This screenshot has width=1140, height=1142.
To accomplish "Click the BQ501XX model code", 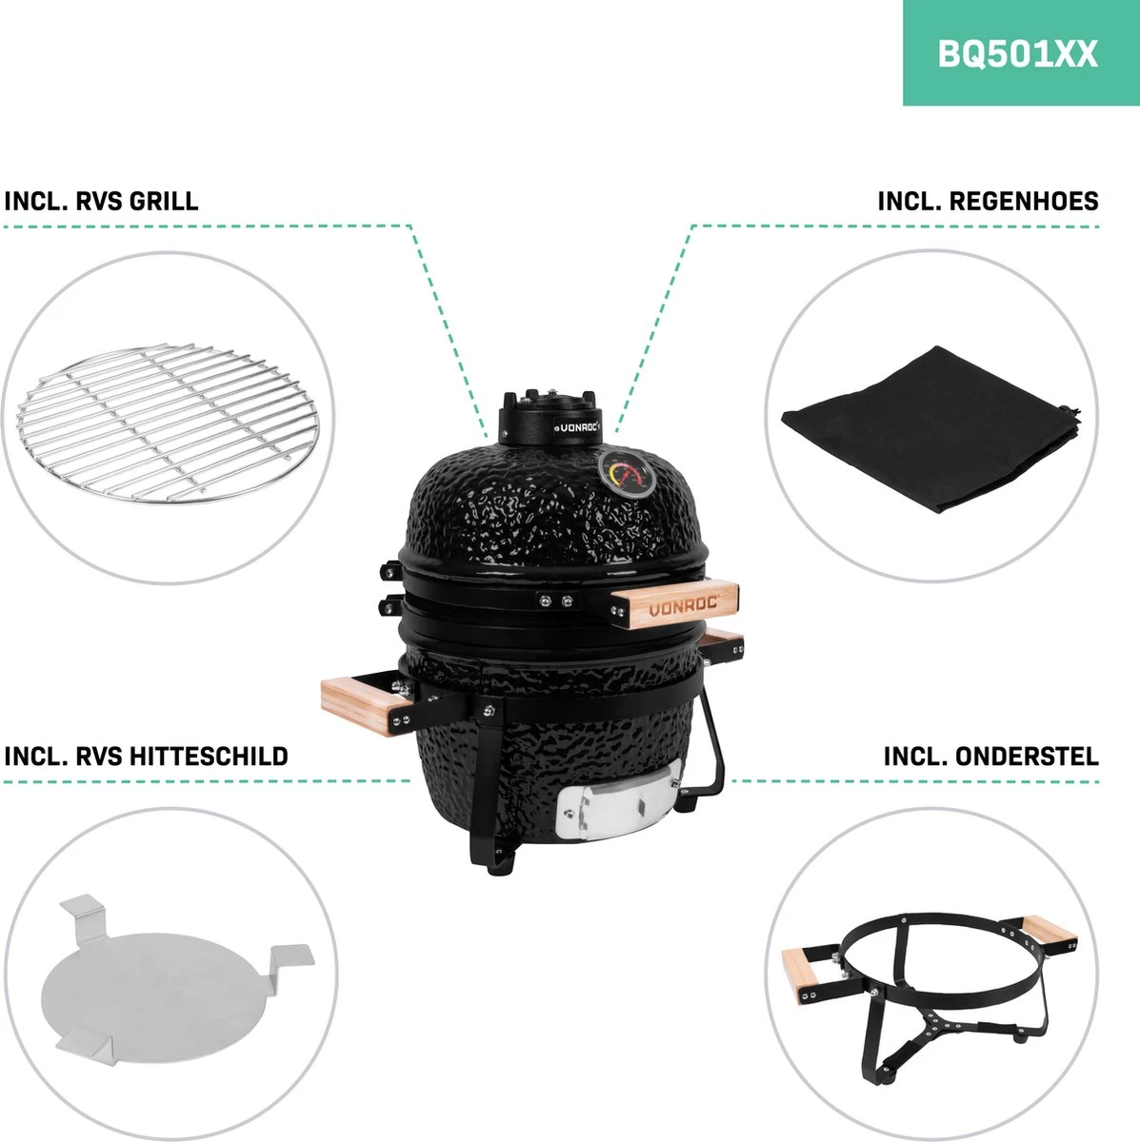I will pos(1017,53).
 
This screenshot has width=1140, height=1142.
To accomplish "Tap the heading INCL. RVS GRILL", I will pos(101,202).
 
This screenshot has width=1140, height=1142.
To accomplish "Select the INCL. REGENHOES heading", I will pos(988,202).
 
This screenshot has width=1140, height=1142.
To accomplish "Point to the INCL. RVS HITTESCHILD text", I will pos(146,757).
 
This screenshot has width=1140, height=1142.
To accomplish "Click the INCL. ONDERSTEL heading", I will pos(990,757).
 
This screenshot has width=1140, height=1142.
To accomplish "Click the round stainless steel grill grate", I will pos(167,422).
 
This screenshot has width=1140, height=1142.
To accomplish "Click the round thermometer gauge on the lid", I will pos(625,473).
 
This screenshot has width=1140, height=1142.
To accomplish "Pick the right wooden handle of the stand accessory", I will pos(1050,930).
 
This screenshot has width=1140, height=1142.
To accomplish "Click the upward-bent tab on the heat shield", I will pos(82,913).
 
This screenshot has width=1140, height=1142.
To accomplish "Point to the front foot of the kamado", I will pos(500,856).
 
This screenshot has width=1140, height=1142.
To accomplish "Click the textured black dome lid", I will pos(533,504).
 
